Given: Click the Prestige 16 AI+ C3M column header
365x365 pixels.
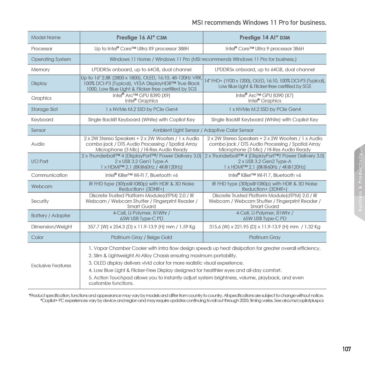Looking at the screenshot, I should click(142, 37).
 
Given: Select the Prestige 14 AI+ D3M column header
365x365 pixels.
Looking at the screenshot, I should click(265, 37).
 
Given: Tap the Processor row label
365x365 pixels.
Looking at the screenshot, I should click(42, 49).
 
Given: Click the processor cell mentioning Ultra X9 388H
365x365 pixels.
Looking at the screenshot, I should click(142, 49).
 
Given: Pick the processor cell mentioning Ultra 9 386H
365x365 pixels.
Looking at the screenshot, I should click(265, 49).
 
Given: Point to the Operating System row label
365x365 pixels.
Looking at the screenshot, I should click(51, 59).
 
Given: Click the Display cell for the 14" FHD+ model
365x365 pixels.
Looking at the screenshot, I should click(265, 83).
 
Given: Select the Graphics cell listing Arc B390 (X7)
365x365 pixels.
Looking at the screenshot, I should click(265, 98).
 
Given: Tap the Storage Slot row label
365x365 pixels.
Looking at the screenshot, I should click(44, 109).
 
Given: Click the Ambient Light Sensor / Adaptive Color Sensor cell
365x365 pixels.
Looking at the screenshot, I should click(203, 130).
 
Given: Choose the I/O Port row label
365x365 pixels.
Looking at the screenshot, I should click(40, 161).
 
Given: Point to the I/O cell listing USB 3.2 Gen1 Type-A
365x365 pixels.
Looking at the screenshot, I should click(142, 161).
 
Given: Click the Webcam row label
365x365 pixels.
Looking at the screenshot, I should click(42, 186).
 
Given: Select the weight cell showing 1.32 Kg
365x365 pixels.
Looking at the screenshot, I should click(265, 227).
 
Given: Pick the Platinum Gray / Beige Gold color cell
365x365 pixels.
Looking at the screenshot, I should click(142, 237).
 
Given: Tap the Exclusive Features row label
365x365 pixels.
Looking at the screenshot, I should click(51, 266).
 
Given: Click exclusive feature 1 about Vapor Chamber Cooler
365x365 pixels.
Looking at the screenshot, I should click(205, 248).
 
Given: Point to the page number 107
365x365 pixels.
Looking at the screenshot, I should click(347, 349).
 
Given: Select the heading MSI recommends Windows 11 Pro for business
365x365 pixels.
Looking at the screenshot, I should click(259, 23).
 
